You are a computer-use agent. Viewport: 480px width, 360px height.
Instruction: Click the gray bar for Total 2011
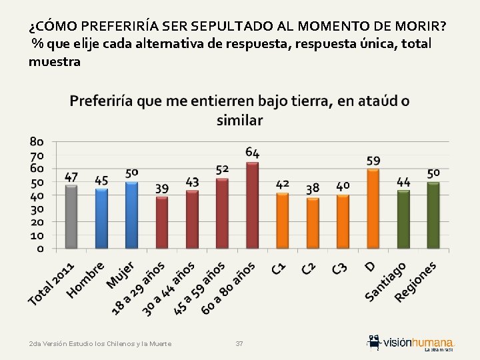click(71, 217)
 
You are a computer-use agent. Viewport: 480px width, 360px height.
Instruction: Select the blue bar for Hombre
click(101, 219)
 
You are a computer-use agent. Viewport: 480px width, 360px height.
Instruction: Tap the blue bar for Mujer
click(131, 215)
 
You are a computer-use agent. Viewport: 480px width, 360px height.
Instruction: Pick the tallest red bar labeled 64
click(252, 205)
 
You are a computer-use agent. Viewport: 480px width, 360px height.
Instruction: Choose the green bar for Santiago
click(403, 219)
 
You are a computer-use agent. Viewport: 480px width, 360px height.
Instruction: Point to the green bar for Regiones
click(433, 215)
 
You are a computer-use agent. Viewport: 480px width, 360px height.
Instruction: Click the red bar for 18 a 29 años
click(162, 223)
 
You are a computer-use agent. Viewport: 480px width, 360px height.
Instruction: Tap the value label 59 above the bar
click(373, 161)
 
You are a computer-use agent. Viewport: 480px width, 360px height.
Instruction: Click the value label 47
click(71, 177)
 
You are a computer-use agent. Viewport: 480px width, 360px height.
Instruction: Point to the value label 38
click(313, 189)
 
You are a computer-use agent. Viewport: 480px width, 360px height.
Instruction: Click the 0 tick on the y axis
click(40, 249)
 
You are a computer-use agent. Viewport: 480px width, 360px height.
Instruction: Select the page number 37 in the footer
click(240, 343)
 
